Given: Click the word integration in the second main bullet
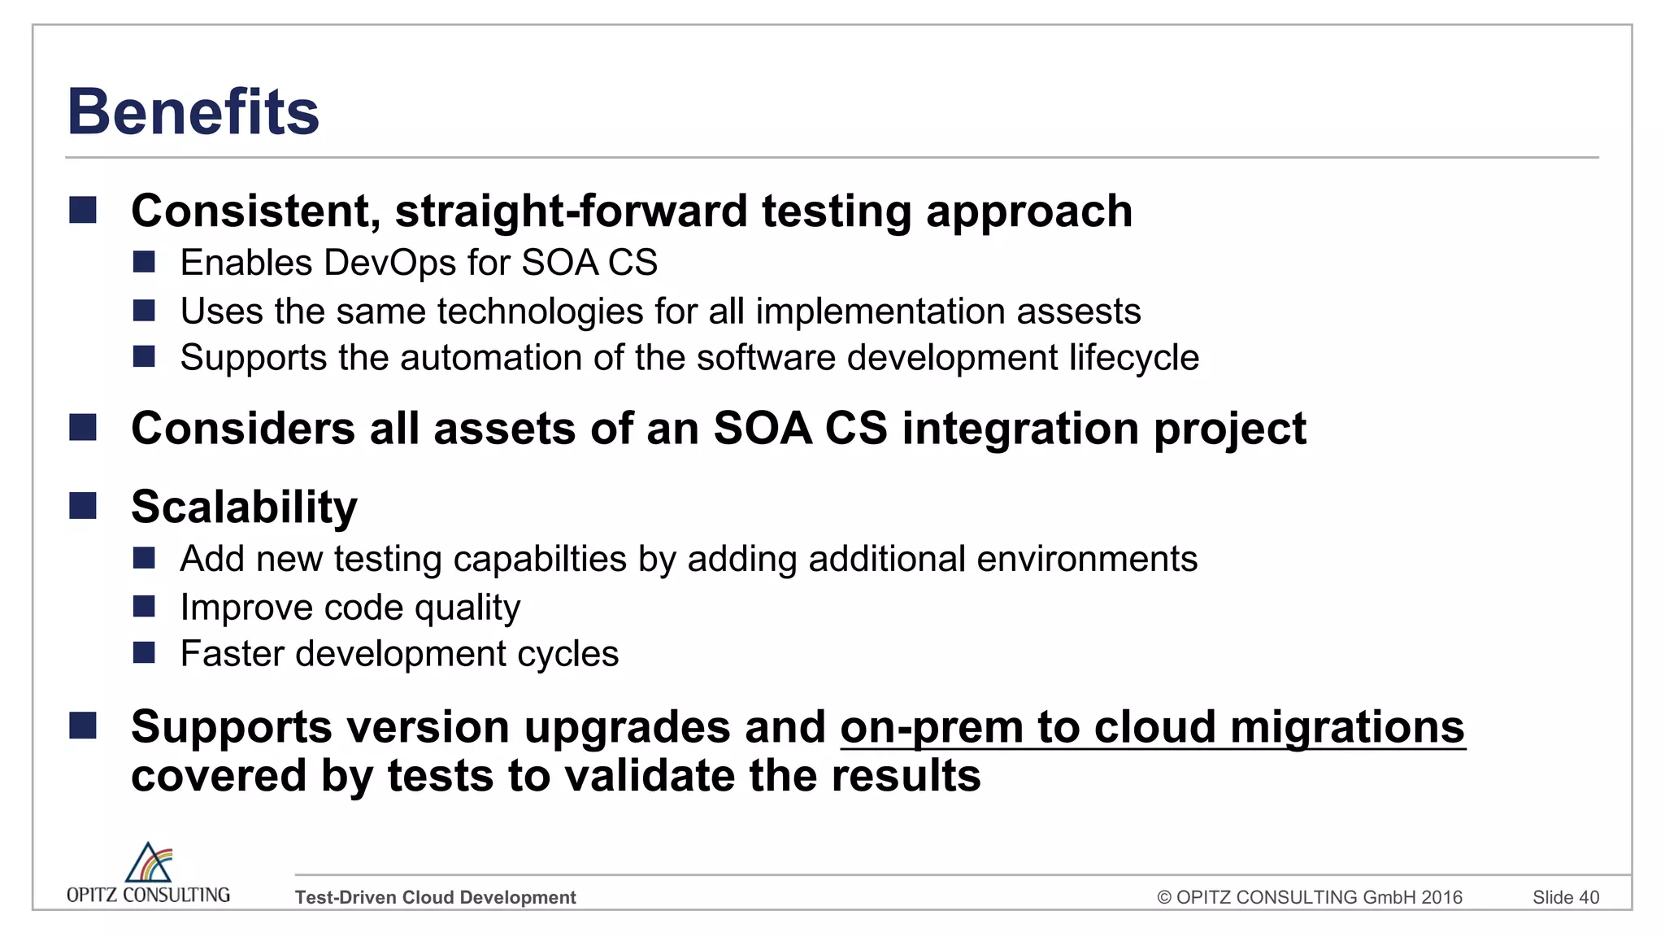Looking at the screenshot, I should [1020, 429].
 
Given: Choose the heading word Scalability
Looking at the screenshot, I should [244, 507].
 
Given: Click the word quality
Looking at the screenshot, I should [467, 608].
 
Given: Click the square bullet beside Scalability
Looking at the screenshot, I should [83, 506].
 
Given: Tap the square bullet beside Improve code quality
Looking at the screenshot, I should [144, 607].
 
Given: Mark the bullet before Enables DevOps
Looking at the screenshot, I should [144, 262].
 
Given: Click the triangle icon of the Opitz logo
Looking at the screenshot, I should [148, 863].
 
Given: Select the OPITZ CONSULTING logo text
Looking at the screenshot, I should [148, 895].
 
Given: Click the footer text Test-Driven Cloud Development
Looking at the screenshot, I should [435, 897].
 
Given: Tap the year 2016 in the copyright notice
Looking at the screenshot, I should [1441, 897].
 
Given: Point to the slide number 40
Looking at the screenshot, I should [1589, 897].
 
